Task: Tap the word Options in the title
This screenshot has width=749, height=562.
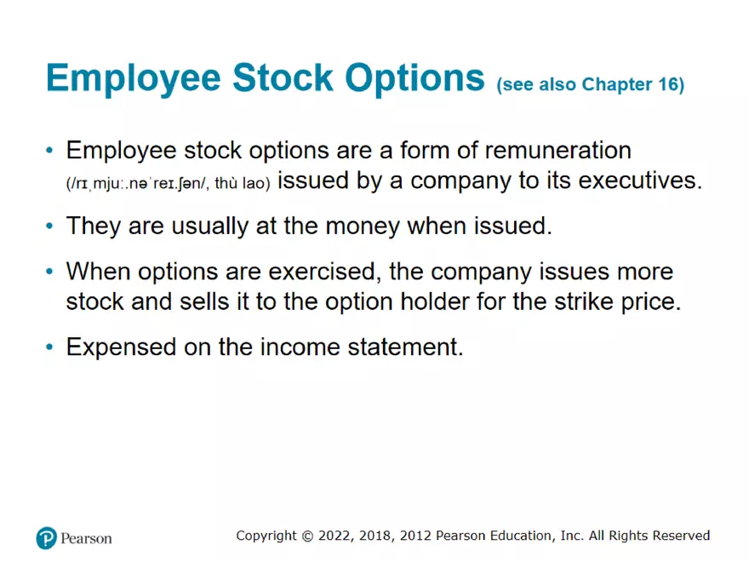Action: pos(415,77)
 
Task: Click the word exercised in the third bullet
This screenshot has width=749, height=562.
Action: pos(330,272)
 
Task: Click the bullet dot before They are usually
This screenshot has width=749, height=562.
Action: pos(50,227)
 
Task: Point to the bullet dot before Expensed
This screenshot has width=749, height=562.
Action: pos(50,348)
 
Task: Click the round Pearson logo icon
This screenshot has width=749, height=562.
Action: pos(46,538)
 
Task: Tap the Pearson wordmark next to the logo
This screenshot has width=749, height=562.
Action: pos(86,538)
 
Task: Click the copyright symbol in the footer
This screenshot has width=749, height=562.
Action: pos(307,536)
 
